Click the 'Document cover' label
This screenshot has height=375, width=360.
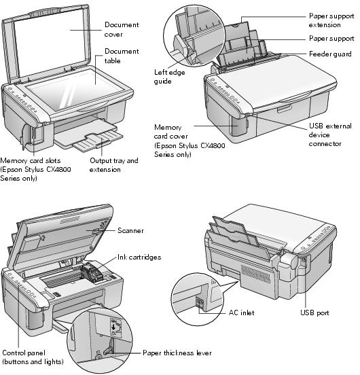(121, 29)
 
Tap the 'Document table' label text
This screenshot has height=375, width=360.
(121, 56)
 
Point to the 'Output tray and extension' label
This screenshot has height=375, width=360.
(113, 165)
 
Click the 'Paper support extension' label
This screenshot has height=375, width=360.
(333, 19)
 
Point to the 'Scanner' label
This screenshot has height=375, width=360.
(130, 231)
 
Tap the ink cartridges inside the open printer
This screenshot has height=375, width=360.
(94, 274)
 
